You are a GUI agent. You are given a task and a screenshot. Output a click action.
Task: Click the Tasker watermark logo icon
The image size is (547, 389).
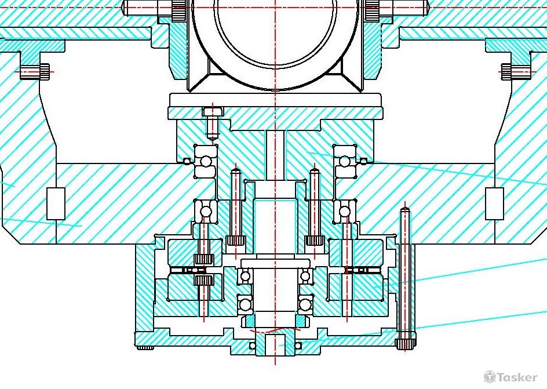click(x=490, y=377)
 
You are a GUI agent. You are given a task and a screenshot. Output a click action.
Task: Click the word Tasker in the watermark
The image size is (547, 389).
click(x=517, y=377)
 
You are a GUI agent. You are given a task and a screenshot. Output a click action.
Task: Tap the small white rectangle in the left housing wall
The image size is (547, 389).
click(x=56, y=203)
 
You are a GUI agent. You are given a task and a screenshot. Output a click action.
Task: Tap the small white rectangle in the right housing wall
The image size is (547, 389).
click(x=495, y=203)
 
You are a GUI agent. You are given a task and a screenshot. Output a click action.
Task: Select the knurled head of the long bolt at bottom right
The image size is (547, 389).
click(x=405, y=344)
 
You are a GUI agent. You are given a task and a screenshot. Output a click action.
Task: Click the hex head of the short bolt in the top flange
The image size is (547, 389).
click(x=213, y=112)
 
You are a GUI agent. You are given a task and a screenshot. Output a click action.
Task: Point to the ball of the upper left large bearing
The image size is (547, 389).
click(x=206, y=162)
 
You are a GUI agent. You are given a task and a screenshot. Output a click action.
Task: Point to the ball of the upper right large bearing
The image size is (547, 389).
click(x=345, y=162)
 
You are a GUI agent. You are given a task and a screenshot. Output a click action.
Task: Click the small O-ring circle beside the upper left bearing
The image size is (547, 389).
click(x=187, y=161)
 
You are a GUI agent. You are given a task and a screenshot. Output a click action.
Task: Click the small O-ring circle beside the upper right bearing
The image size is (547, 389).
click(x=363, y=161)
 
